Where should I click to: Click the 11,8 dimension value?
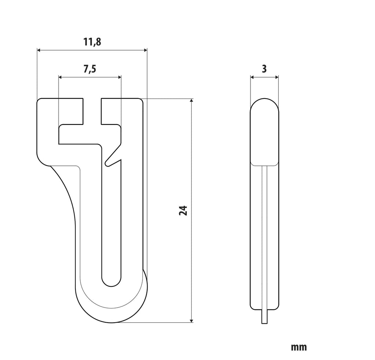[x=92, y=42]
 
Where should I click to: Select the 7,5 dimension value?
[x=90, y=69]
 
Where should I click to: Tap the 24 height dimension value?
[x=183, y=211]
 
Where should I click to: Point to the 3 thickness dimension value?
[x=264, y=69]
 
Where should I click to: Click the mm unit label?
[x=299, y=347]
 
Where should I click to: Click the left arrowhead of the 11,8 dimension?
[x=39, y=50]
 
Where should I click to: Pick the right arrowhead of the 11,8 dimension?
[x=145, y=50]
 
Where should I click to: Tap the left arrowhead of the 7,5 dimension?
[x=60, y=77]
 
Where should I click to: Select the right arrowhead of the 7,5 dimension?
[x=119, y=77]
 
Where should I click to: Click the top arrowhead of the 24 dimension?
[x=191, y=100]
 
